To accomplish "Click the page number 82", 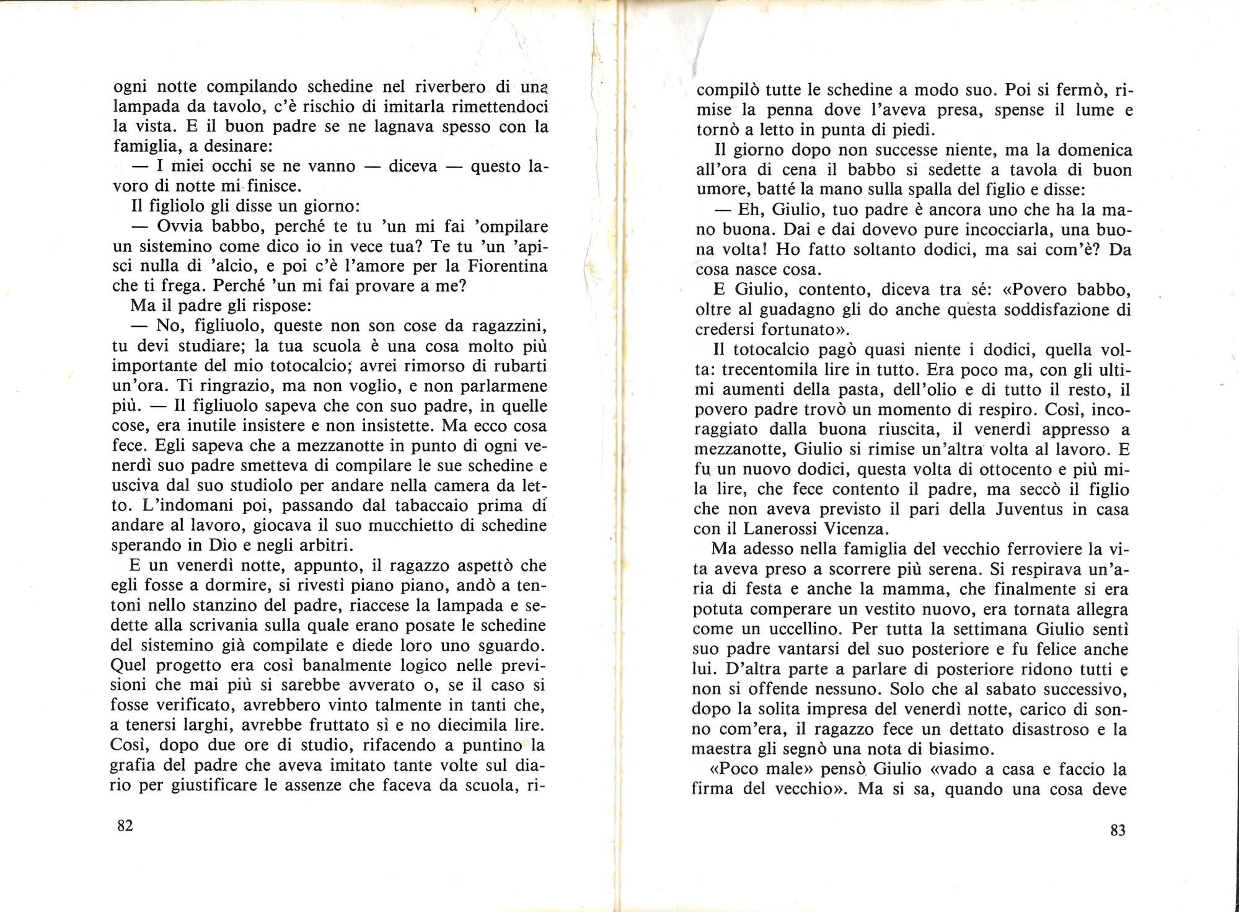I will pyautogui.click(x=125, y=826).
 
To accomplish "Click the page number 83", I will pyautogui.click(x=1118, y=830).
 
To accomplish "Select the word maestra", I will pyautogui.click(x=726, y=749).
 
